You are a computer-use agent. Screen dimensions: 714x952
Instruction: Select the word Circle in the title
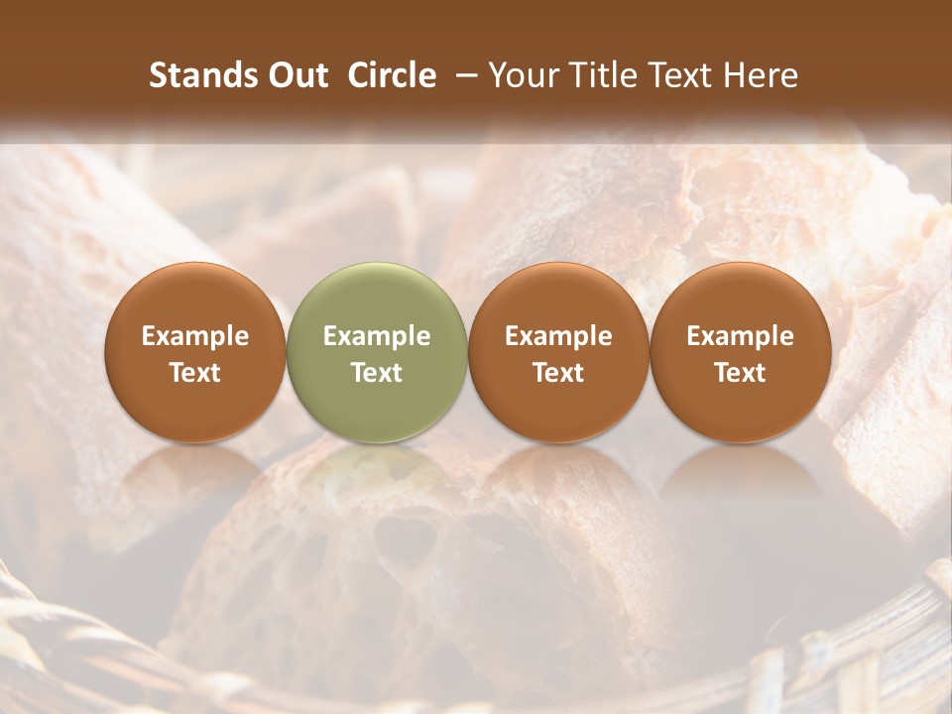392,75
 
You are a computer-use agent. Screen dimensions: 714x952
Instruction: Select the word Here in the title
762,75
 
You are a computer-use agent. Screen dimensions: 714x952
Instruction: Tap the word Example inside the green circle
377,336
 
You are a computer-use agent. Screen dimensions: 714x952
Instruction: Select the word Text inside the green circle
377,373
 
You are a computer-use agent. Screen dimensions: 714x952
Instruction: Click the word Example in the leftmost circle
195,336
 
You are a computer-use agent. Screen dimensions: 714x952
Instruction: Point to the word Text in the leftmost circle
195,373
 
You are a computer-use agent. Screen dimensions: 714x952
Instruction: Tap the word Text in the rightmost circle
741,373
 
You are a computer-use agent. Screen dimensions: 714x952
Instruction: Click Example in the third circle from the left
558,336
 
